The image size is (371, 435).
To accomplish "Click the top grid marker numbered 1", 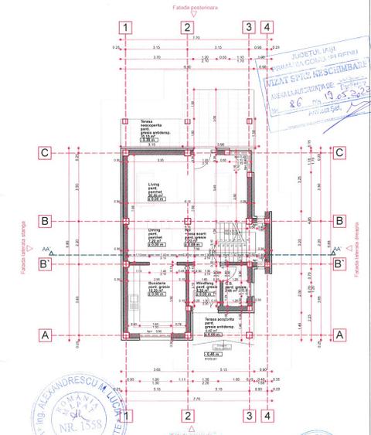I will pyautogui.click(x=124, y=27).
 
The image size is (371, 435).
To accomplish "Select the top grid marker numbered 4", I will pyautogui.click(x=267, y=27).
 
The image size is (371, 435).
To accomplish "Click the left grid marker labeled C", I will pyautogui.click(x=46, y=152).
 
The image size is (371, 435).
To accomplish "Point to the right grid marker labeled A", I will pyautogui.click(x=339, y=335).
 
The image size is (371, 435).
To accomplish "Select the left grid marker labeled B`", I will pyautogui.click(x=46, y=264).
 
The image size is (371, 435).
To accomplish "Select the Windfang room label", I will pyautogui.click(x=206, y=284).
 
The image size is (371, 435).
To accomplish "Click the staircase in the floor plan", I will pyautogui.click(x=230, y=239).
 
